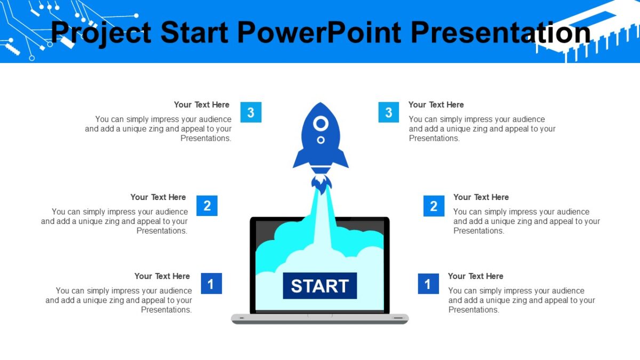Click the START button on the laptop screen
click(x=319, y=286)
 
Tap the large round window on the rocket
click(x=321, y=124)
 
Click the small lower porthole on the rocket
click(x=321, y=140)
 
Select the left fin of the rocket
click(x=300, y=160)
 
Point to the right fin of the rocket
click(x=341, y=160)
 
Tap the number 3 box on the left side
click(x=251, y=113)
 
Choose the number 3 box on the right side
click(x=389, y=113)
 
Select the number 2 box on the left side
click(x=207, y=205)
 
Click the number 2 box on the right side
click(x=434, y=206)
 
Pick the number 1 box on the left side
click(x=211, y=284)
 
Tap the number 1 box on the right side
click(x=428, y=284)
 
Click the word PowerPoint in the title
click(x=318, y=33)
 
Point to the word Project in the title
click(x=101, y=33)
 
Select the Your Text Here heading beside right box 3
click(x=436, y=105)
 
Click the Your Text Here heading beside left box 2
click(x=158, y=197)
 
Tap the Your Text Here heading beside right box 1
click(x=475, y=276)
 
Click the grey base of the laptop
click(x=319, y=319)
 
